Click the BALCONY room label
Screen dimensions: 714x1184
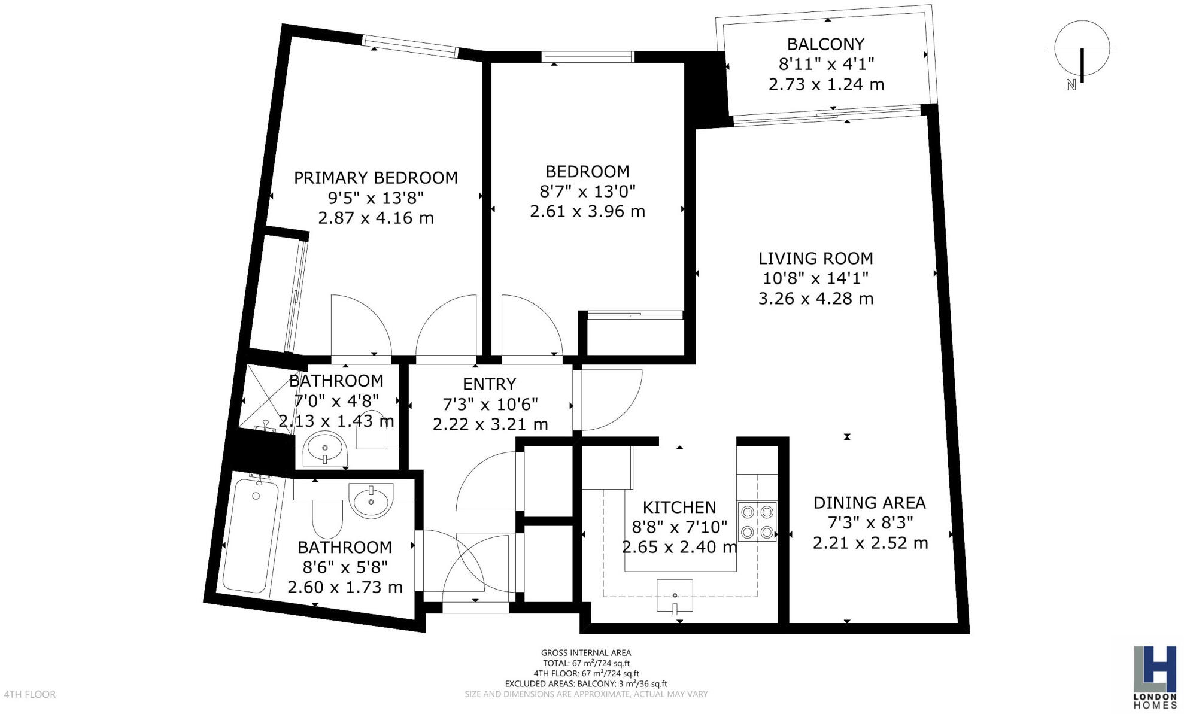click(825, 44)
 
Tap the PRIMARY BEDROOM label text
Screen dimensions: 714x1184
click(375, 178)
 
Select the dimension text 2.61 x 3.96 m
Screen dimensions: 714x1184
click(587, 211)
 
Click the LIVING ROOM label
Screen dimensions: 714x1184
click(815, 259)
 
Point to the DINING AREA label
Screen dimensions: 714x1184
click(869, 503)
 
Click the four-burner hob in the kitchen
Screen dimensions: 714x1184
click(757, 522)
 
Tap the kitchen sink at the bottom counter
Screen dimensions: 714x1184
click(675, 595)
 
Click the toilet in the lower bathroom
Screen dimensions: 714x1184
click(327, 518)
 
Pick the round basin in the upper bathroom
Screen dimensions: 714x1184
click(324, 448)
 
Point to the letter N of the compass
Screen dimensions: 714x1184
click(1071, 86)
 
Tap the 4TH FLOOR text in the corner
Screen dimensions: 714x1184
click(30, 694)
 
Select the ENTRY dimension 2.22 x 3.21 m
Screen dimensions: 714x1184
click(490, 424)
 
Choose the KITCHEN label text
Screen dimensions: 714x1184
click(679, 508)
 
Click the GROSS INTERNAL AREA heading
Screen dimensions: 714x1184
click(585, 653)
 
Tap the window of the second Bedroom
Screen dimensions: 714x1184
click(587, 57)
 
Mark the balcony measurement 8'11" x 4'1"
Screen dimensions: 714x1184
click(826, 64)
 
